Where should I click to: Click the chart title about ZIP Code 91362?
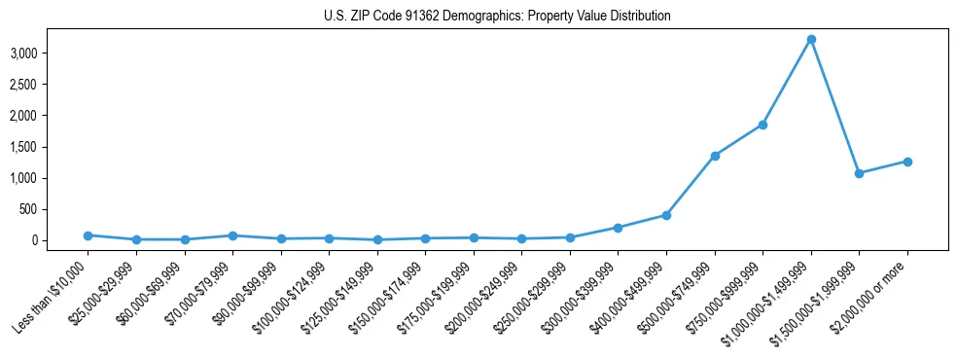[497, 17]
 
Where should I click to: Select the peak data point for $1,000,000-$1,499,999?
[811, 39]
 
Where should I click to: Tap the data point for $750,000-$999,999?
[762, 125]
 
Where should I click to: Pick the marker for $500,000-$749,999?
[715, 156]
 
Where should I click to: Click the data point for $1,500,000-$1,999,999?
[859, 173]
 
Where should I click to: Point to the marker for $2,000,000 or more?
[907, 162]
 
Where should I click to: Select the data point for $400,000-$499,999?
[666, 215]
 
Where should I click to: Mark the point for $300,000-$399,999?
[618, 228]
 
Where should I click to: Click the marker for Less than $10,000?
[88, 235]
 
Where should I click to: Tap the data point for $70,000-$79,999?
[232, 235]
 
